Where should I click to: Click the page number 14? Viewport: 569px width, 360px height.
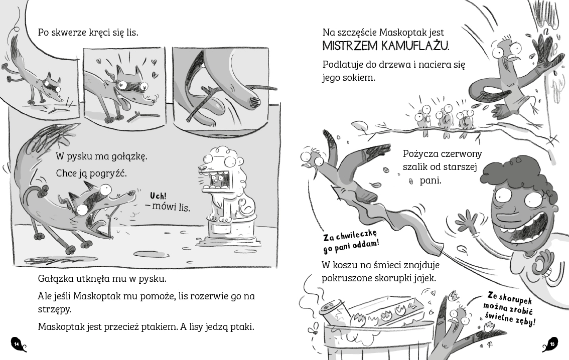click(x=17, y=343)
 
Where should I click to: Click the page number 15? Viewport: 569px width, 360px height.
click(x=552, y=343)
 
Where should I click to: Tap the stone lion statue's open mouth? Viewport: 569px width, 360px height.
click(x=217, y=179)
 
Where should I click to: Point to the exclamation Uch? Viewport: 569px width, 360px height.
click(x=158, y=196)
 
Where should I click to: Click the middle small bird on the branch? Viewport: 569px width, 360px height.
click(x=444, y=118)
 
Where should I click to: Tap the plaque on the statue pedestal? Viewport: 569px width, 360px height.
click(x=221, y=229)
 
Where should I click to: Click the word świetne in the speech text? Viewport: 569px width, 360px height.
click(x=498, y=317)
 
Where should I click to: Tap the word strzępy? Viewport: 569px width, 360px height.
click(x=55, y=310)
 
